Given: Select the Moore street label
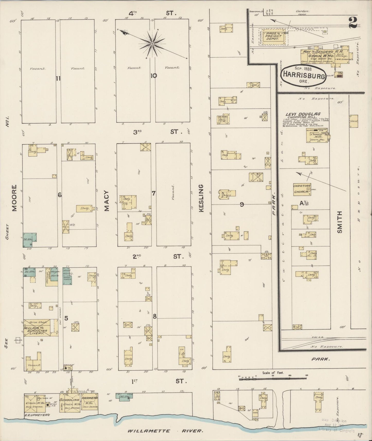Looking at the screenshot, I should click(14, 198).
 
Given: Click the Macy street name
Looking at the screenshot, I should click(107, 201).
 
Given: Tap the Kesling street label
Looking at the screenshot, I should click(201, 198).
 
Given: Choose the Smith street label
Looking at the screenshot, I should click(340, 222).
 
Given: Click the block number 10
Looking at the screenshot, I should click(154, 76).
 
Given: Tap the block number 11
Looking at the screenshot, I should click(58, 79).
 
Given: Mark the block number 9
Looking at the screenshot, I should click(242, 204).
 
